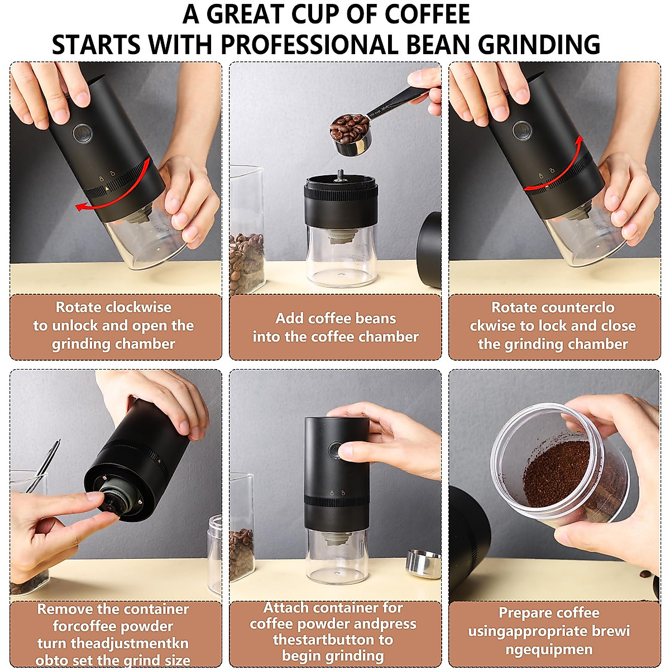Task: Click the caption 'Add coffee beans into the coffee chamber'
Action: point(336,327)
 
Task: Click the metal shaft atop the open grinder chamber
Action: point(339,174)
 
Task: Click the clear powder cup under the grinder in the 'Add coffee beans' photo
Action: point(340,257)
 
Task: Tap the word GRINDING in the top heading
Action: point(539,45)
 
